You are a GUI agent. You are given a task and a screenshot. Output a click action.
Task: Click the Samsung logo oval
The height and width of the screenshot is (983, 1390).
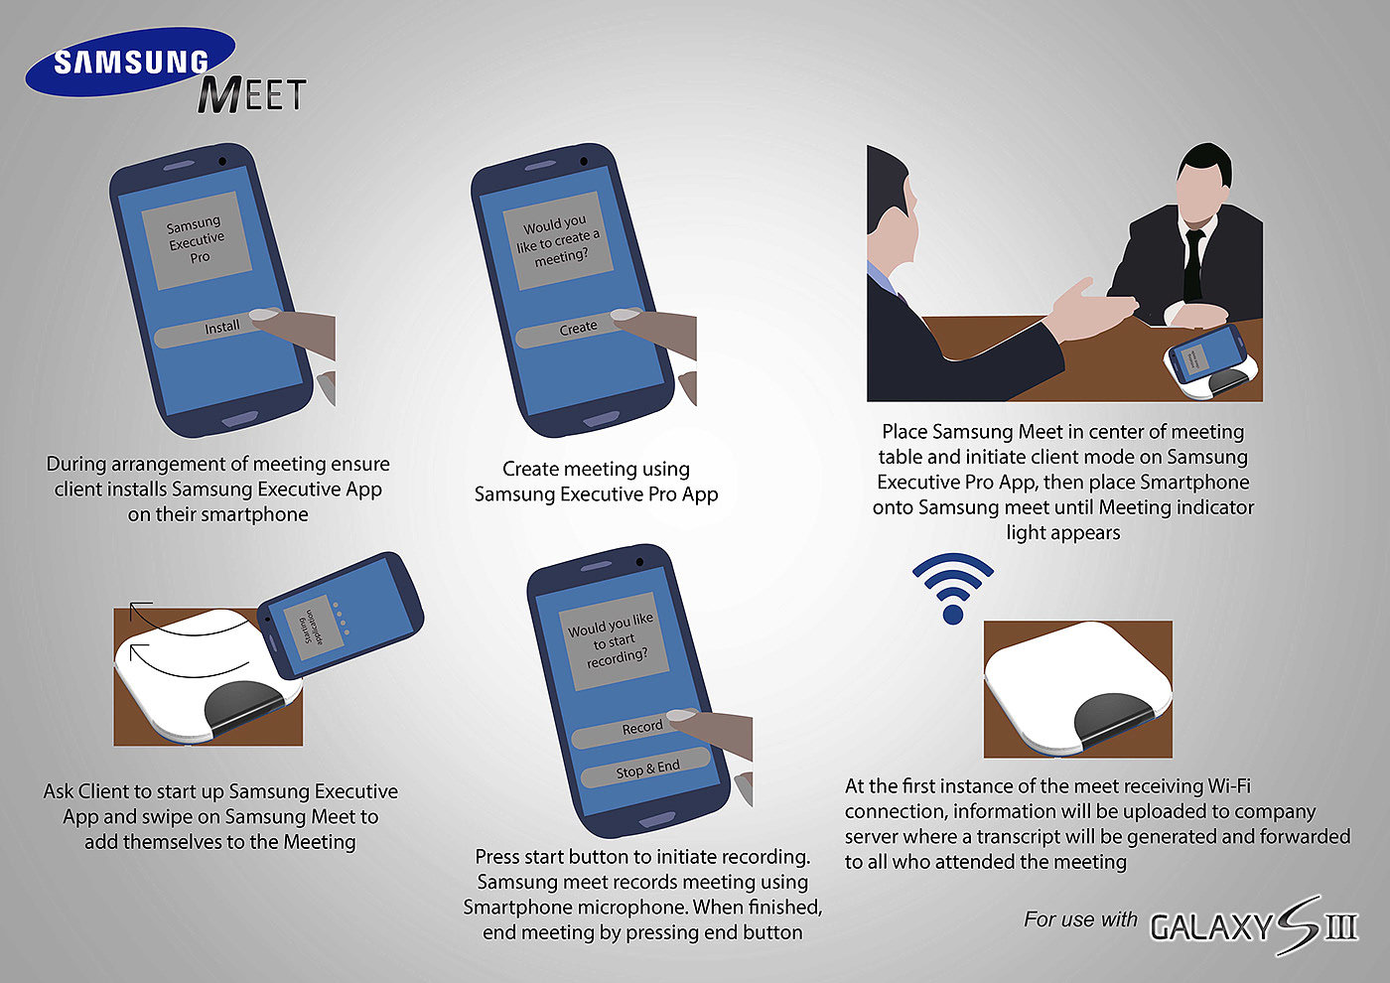[130, 62]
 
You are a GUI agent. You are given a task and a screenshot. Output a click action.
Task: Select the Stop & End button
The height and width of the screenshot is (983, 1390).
[645, 769]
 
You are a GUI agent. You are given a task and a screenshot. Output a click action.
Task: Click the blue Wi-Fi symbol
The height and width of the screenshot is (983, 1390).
[952, 588]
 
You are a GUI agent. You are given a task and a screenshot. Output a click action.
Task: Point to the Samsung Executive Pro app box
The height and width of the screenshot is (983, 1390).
[197, 240]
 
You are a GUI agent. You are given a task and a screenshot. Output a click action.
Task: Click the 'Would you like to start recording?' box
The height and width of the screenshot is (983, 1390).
[614, 641]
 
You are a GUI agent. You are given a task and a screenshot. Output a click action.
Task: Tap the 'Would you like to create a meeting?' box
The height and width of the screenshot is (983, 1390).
[558, 240]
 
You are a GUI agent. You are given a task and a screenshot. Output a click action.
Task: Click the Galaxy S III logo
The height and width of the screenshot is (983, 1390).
[1253, 925]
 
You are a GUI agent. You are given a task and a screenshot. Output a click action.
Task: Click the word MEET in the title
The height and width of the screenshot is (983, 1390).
[250, 95]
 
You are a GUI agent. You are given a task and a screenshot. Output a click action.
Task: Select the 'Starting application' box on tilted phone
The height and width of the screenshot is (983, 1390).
[314, 628]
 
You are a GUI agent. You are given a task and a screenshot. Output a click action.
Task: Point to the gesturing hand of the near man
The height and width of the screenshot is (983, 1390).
[1093, 308]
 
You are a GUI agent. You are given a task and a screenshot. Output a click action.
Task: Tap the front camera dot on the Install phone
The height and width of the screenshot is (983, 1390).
[222, 161]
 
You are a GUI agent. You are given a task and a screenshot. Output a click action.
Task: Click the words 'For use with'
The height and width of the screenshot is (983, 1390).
[1080, 919]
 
